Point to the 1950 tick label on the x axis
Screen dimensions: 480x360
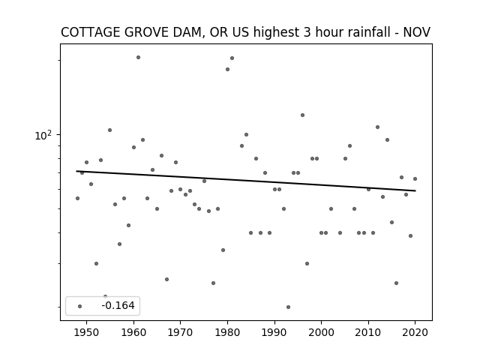tap(87, 332)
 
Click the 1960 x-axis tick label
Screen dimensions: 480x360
tap(133, 332)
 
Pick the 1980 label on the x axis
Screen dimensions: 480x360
tap(227, 332)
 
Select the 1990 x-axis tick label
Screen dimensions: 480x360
tap(274, 332)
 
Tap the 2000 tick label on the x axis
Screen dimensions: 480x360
tap(322, 332)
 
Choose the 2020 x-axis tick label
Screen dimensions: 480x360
tap(415, 332)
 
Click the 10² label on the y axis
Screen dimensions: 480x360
tap(43, 135)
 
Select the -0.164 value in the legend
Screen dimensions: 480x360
tap(118, 305)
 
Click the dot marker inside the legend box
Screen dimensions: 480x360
tap(80, 306)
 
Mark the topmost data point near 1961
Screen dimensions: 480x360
tap(138, 57)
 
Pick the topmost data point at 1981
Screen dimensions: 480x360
tap(232, 58)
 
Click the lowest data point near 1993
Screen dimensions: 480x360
tap(288, 307)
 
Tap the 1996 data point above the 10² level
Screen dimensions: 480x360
tap(302, 115)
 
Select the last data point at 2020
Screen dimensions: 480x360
tap(415, 178)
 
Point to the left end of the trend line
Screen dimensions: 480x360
tap(76, 171)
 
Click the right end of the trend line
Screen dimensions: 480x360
tap(415, 190)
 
